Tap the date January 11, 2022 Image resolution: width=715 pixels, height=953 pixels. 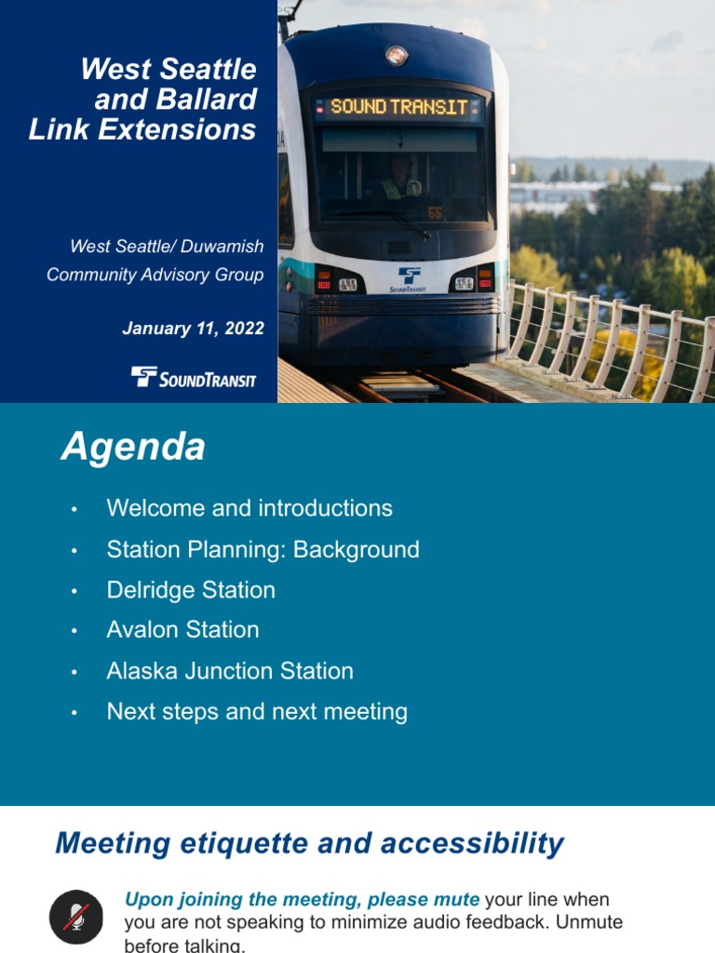coord(193,329)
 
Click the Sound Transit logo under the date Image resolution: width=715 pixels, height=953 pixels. coord(194,377)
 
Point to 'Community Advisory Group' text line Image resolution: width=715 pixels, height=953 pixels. coord(155,275)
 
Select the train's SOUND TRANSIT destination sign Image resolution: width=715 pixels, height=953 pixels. coord(398,107)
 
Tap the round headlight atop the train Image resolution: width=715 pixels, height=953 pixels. coord(397,56)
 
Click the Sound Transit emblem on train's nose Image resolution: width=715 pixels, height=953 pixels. coord(409,278)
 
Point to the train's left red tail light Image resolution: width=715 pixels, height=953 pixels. coord(324,280)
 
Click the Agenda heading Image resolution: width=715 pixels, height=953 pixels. coord(133,448)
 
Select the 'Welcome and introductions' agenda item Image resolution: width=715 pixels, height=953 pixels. coord(250,508)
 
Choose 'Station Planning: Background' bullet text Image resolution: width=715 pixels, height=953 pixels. coord(263,549)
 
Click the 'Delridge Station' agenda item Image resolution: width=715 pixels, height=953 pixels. coord(191,590)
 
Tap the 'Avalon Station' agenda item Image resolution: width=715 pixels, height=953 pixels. coord(182,630)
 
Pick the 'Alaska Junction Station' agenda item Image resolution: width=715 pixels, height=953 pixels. coord(230,671)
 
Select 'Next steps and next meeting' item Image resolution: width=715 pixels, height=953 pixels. coord(257,712)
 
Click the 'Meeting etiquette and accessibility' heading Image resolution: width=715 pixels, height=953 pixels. coord(309,843)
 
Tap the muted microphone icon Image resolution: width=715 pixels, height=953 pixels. coord(75,916)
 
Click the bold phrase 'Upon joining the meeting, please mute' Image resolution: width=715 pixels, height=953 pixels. coord(302,900)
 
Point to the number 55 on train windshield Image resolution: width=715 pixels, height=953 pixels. coord(434,213)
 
